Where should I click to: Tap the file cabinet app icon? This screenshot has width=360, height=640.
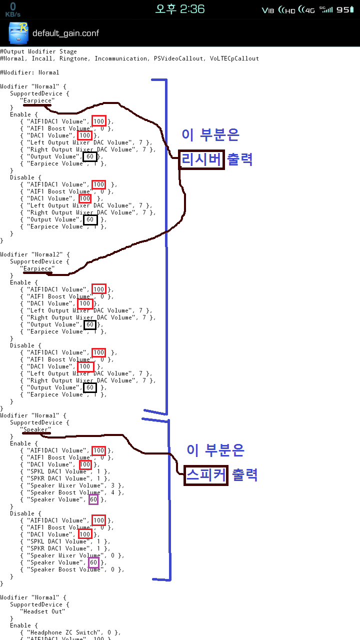point(18,33)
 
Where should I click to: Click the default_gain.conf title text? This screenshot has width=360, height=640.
point(65,33)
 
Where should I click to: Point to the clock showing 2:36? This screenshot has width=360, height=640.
point(180,8)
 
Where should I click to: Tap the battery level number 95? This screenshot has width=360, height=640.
point(343,9)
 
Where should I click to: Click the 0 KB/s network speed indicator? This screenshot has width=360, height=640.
point(12,9)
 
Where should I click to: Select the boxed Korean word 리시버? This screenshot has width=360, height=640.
point(201,159)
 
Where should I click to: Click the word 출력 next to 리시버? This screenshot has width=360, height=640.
point(240,159)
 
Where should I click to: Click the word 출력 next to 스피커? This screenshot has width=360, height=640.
point(244,475)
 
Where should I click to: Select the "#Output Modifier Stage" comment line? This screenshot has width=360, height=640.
point(38,51)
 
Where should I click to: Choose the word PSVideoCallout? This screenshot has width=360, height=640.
point(178,58)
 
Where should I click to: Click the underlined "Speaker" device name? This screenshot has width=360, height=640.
point(35,429)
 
